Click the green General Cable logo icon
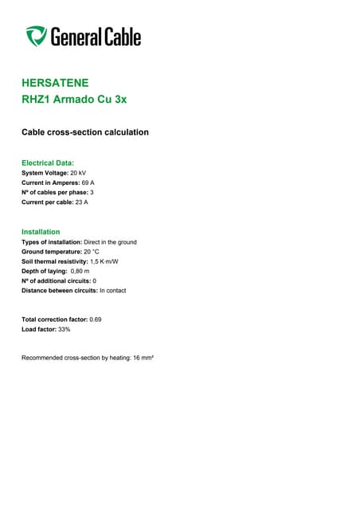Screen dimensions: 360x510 tap(36, 36)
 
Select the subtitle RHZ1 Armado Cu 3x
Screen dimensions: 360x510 tap(73, 100)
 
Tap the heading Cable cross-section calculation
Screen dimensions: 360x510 tap(84, 131)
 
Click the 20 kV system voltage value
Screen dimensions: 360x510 tap(78, 173)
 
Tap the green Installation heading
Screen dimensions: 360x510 tap(41, 232)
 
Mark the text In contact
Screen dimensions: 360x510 tap(112, 290)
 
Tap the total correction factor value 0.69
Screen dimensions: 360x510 tap(96, 319)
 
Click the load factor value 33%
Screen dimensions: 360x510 tap(65, 328)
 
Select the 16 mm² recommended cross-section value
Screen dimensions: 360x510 tap(143, 358)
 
